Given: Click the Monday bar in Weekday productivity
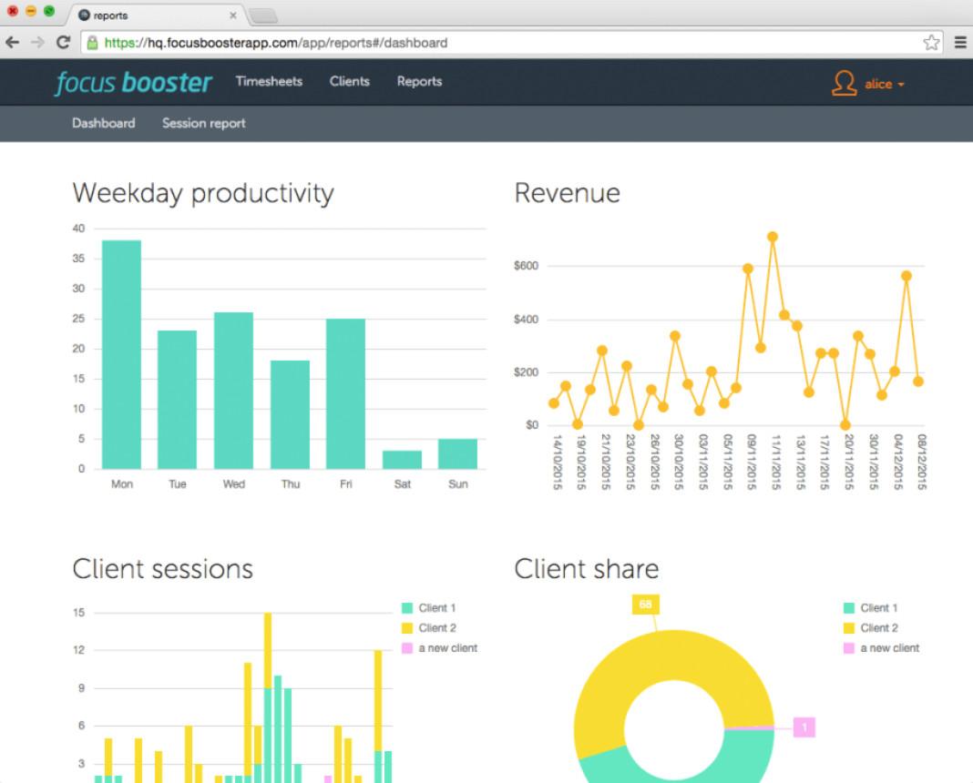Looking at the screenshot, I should [121, 354].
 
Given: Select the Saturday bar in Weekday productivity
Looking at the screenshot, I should [402, 460].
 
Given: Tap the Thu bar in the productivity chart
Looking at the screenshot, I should [290, 414].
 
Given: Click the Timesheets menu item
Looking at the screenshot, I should [269, 82].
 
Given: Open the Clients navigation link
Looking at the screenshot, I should [350, 82].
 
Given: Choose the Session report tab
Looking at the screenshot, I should [204, 124].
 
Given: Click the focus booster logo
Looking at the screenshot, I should [134, 83].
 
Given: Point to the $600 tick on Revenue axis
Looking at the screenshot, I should [526, 267].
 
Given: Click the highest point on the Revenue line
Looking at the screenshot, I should [773, 237].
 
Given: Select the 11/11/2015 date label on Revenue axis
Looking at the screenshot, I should [776, 463].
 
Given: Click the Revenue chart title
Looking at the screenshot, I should [567, 193].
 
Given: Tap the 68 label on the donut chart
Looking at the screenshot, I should [645, 605].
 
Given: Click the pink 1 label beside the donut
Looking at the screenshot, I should [804, 727].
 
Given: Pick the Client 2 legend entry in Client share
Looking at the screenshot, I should [878, 628].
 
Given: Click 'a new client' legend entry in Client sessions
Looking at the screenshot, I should [446, 648].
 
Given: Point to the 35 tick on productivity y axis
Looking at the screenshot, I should [79, 259].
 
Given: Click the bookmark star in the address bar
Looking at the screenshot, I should [931, 43].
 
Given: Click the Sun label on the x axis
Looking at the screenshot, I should [458, 484].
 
